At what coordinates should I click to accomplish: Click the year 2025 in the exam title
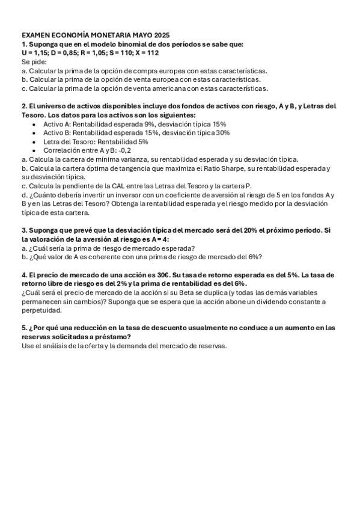(x=162, y=35)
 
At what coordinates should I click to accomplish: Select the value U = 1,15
(x=35, y=53)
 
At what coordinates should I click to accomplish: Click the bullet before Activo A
(x=35, y=124)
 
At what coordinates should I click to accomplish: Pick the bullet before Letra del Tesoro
(x=35, y=141)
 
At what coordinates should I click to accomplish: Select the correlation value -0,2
(x=124, y=150)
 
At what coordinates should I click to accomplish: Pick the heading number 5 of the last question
(x=24, y=328)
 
